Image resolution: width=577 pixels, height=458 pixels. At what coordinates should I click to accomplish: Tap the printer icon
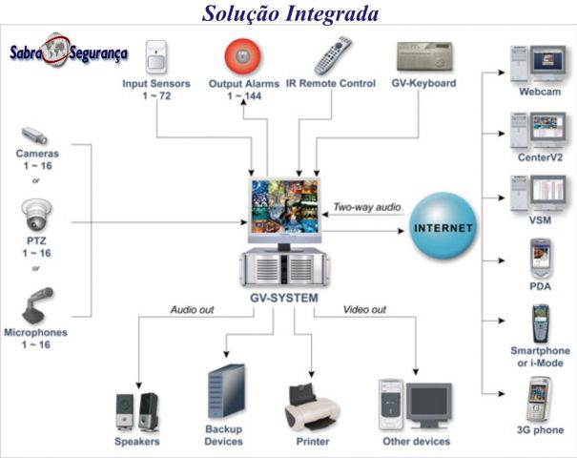(312, 406)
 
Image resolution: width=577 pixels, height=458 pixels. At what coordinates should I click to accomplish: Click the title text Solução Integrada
(290, 13)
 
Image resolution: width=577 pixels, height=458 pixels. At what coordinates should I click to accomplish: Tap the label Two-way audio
(367, 206)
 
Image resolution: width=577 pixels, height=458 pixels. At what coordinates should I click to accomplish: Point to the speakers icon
(137, 410)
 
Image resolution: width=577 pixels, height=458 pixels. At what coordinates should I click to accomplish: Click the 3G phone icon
(539, 400)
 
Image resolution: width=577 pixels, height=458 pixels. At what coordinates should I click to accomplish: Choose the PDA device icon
(540, 259)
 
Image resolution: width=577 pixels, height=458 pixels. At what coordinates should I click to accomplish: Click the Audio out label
(193, 309)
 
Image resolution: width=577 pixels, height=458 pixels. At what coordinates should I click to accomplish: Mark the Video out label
(363, 309)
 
